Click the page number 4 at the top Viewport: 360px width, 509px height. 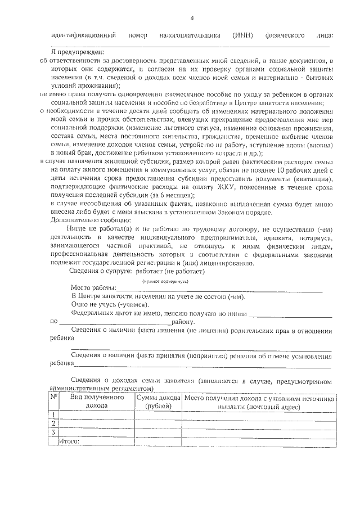192,19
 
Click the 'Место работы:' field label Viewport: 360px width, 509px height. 91,289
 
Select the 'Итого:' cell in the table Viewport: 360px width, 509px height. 70,441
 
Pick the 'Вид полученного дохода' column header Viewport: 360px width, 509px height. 97,401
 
